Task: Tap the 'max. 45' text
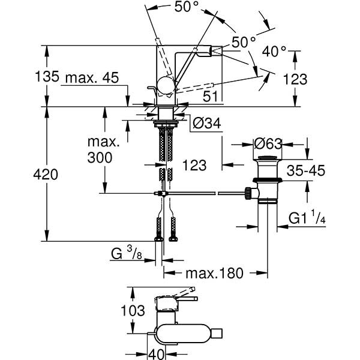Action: [x=91, y=77]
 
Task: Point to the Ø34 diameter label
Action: [x=207, y=123]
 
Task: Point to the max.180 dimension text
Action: [x=214, y=274]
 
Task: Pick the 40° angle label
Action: [x=274, y=51]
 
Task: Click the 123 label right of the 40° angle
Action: [x=311, y=79]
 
